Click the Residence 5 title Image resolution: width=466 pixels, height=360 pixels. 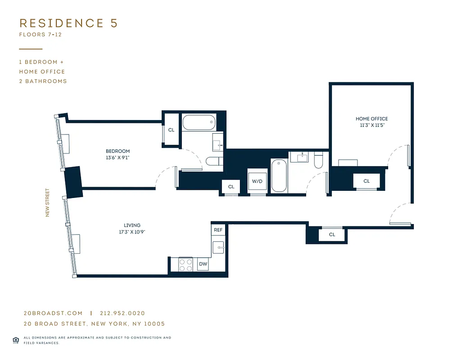[68, 23]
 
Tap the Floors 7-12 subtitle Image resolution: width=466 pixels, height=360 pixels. [40, 35]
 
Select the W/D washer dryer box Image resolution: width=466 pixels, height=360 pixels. [257, 182]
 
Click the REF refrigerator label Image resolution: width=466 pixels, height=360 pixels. [218, 230]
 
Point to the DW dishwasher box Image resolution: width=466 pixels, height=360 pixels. [203, 264]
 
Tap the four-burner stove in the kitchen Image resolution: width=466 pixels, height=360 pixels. [186, 265]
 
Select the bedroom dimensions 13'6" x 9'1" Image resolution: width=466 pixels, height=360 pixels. [118, 158]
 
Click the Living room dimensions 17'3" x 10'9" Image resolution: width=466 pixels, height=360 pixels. [132, 232]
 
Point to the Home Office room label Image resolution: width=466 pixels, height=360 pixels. [371, 119]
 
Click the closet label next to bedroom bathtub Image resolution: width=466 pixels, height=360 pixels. [171, 130]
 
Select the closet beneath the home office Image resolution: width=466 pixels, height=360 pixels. [366, 181]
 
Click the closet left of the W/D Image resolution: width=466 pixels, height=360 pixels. [231, 187]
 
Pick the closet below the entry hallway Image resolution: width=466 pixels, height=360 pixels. [332, 234]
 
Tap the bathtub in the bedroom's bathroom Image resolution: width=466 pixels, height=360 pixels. [199, 122]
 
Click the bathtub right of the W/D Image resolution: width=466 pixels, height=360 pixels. [279, 176]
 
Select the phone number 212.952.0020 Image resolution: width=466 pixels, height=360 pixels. [122, 313]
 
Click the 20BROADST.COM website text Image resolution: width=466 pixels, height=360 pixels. [53, 313]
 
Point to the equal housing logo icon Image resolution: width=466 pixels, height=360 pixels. [16, 340]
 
